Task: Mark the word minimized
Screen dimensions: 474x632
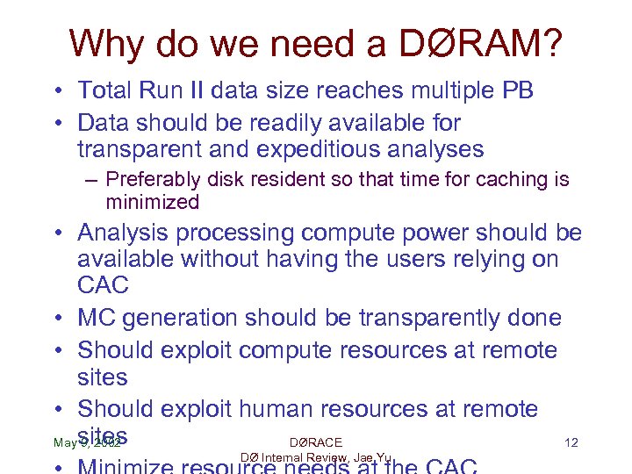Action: point(153,202)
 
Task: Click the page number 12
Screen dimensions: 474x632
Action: point(571,442)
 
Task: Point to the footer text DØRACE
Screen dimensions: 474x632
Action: point(315,442)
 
